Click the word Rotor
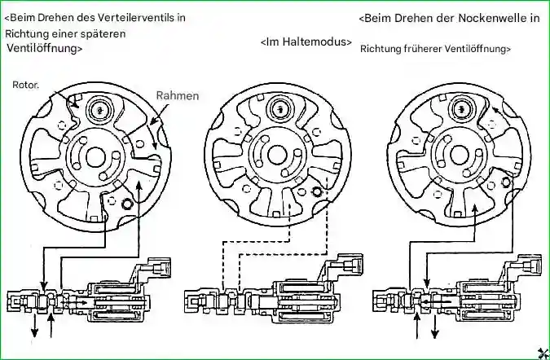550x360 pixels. pos(26,84)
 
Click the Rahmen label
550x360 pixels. pos(177,95)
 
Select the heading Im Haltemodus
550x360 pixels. pos(306,42)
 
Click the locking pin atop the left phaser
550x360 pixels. pos(102,108)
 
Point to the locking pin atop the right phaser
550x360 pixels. pos(463,107)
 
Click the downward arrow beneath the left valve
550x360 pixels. pos(35,324)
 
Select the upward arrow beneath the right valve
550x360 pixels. pos(417,326)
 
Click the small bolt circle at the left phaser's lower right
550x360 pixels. pos(126,203)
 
